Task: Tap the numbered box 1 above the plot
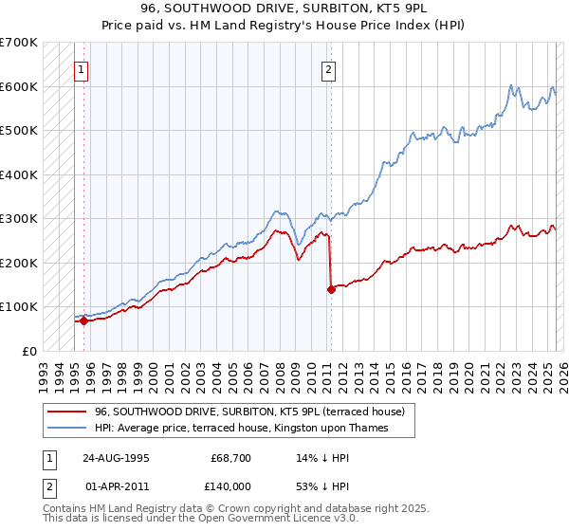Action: pos(82,68)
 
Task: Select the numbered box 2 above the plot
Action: pos(328,68)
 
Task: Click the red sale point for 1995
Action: pos(84,320)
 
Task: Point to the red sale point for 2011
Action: pos(331,289)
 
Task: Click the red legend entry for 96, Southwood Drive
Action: pos(249,412)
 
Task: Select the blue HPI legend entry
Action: pos(254,428)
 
